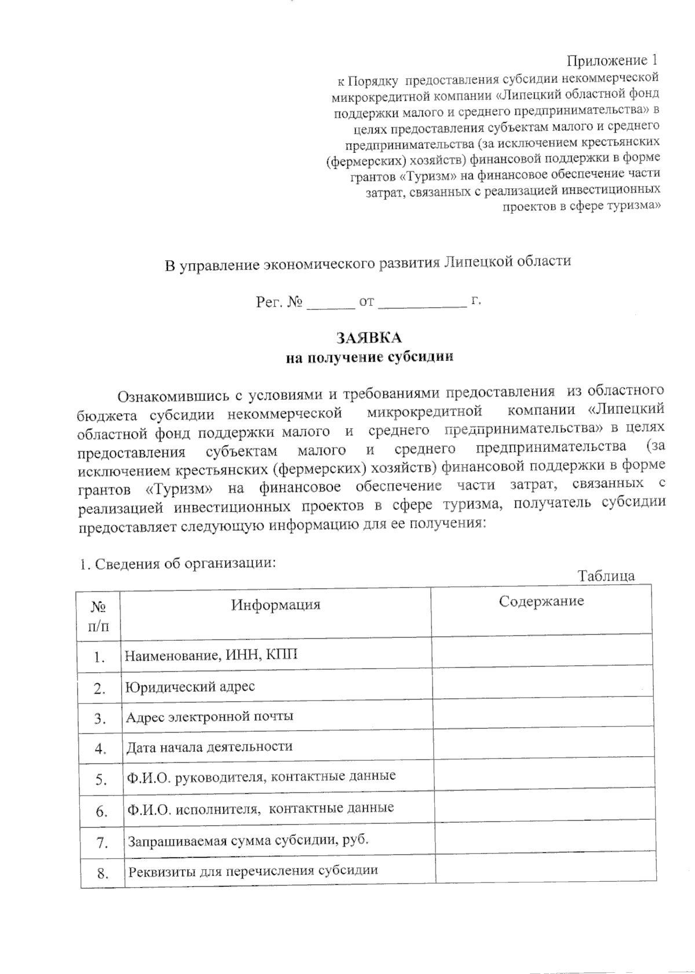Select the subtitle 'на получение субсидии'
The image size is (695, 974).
(369, 358)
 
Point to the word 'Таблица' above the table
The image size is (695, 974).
(606, 575)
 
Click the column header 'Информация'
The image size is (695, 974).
(276, 605)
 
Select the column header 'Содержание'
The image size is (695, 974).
(541, 601)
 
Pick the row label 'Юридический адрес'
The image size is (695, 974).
(191, 687)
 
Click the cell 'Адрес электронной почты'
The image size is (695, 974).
(210, 716)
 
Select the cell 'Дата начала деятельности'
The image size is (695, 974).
(209, 746)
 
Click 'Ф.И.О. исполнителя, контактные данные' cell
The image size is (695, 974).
(261, 808)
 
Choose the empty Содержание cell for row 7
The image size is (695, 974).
(545, 841)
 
